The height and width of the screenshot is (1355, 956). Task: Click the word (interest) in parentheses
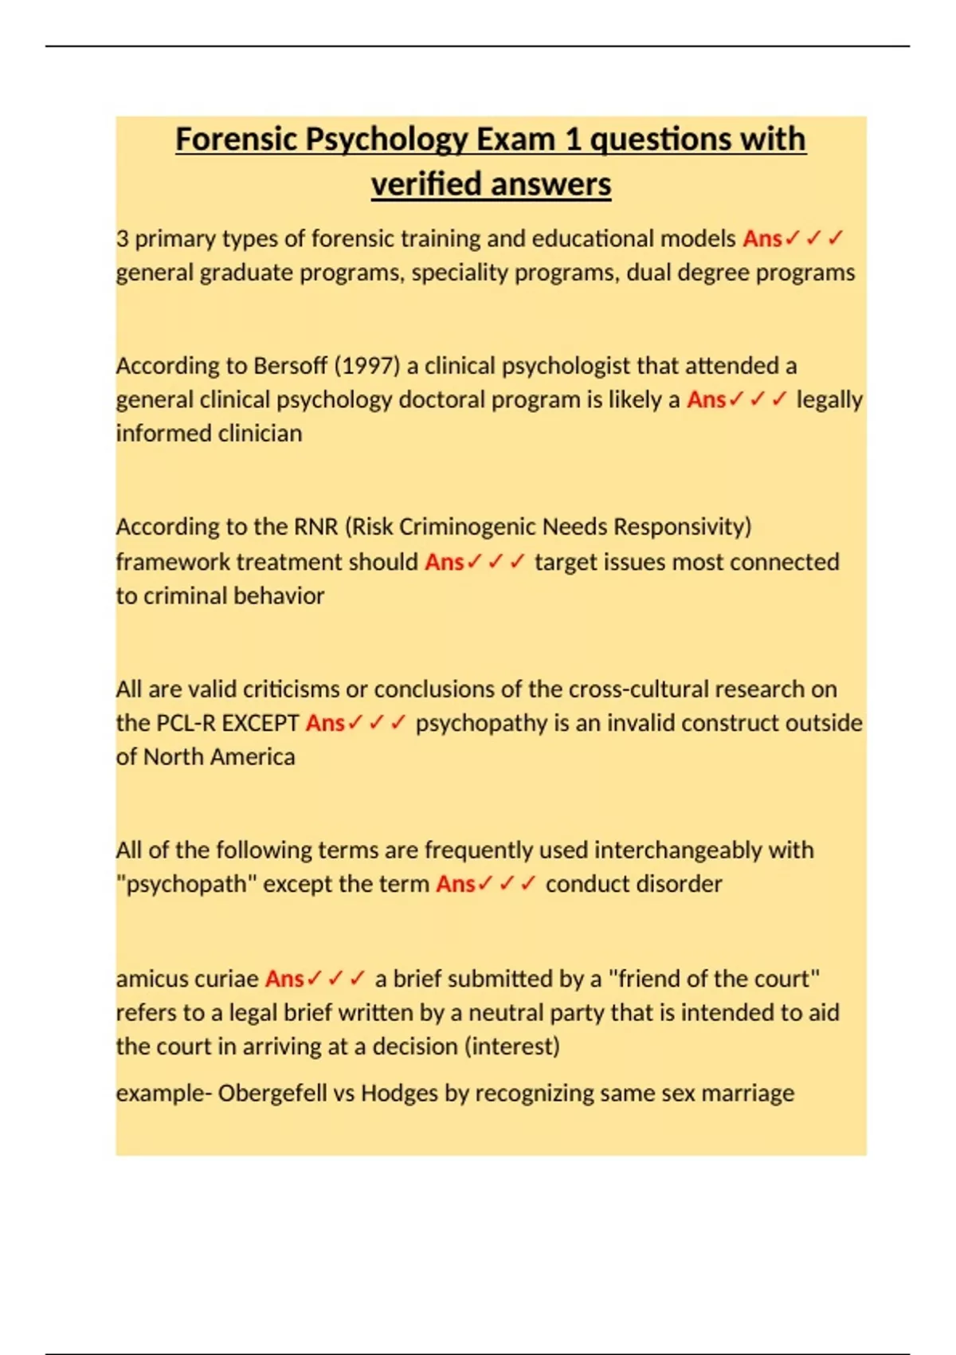click(511, 1047)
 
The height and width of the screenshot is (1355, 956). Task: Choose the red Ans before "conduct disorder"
click(455, 884)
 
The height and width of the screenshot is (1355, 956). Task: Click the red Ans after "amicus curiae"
click(284, 979)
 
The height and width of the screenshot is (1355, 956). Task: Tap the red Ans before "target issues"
click(444, 562)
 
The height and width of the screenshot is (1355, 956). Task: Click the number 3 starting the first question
click(122, 238)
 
